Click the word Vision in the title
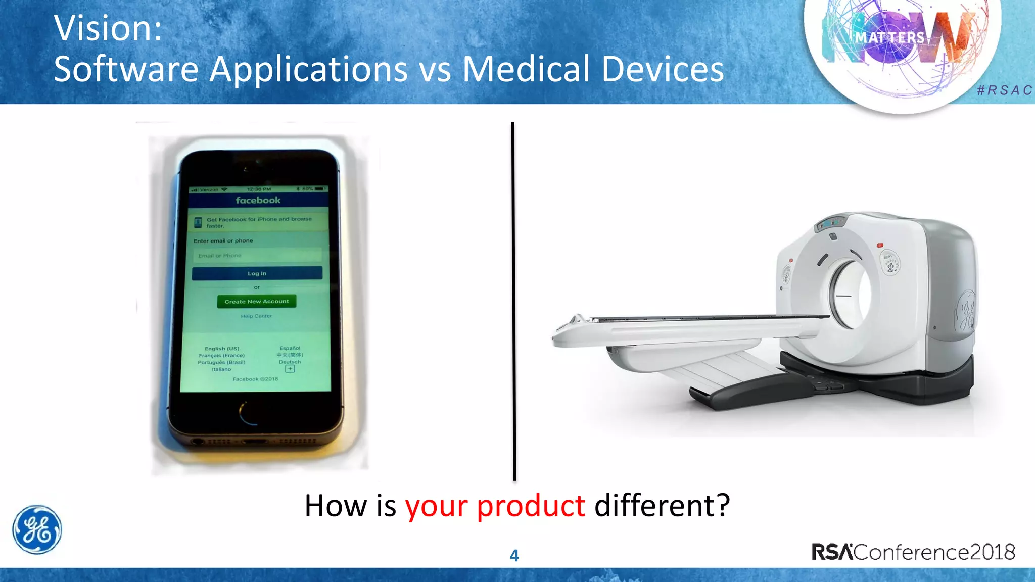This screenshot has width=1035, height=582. (x=107, y=28)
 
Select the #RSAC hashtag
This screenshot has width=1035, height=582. (x=1004, y=90)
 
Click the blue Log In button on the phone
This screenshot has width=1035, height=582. (x=257, y=273)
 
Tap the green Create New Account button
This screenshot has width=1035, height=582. (x=257, y=302)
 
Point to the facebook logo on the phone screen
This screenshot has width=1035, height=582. (x=258, y=201)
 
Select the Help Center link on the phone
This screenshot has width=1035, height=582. (x=256, y=316)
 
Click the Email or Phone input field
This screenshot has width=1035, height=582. (x=257, y=256)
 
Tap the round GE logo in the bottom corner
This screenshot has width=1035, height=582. (x=37, y=529)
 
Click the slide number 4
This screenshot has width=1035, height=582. (x=514, y=556)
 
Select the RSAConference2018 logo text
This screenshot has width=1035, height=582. (x=913, y=552)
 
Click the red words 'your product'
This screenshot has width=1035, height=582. (x=495, y=506)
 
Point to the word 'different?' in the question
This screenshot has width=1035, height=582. (x=662, y=506)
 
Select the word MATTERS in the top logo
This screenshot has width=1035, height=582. (x=889, y=38)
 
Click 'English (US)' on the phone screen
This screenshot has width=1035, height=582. (x=222, y=349)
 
